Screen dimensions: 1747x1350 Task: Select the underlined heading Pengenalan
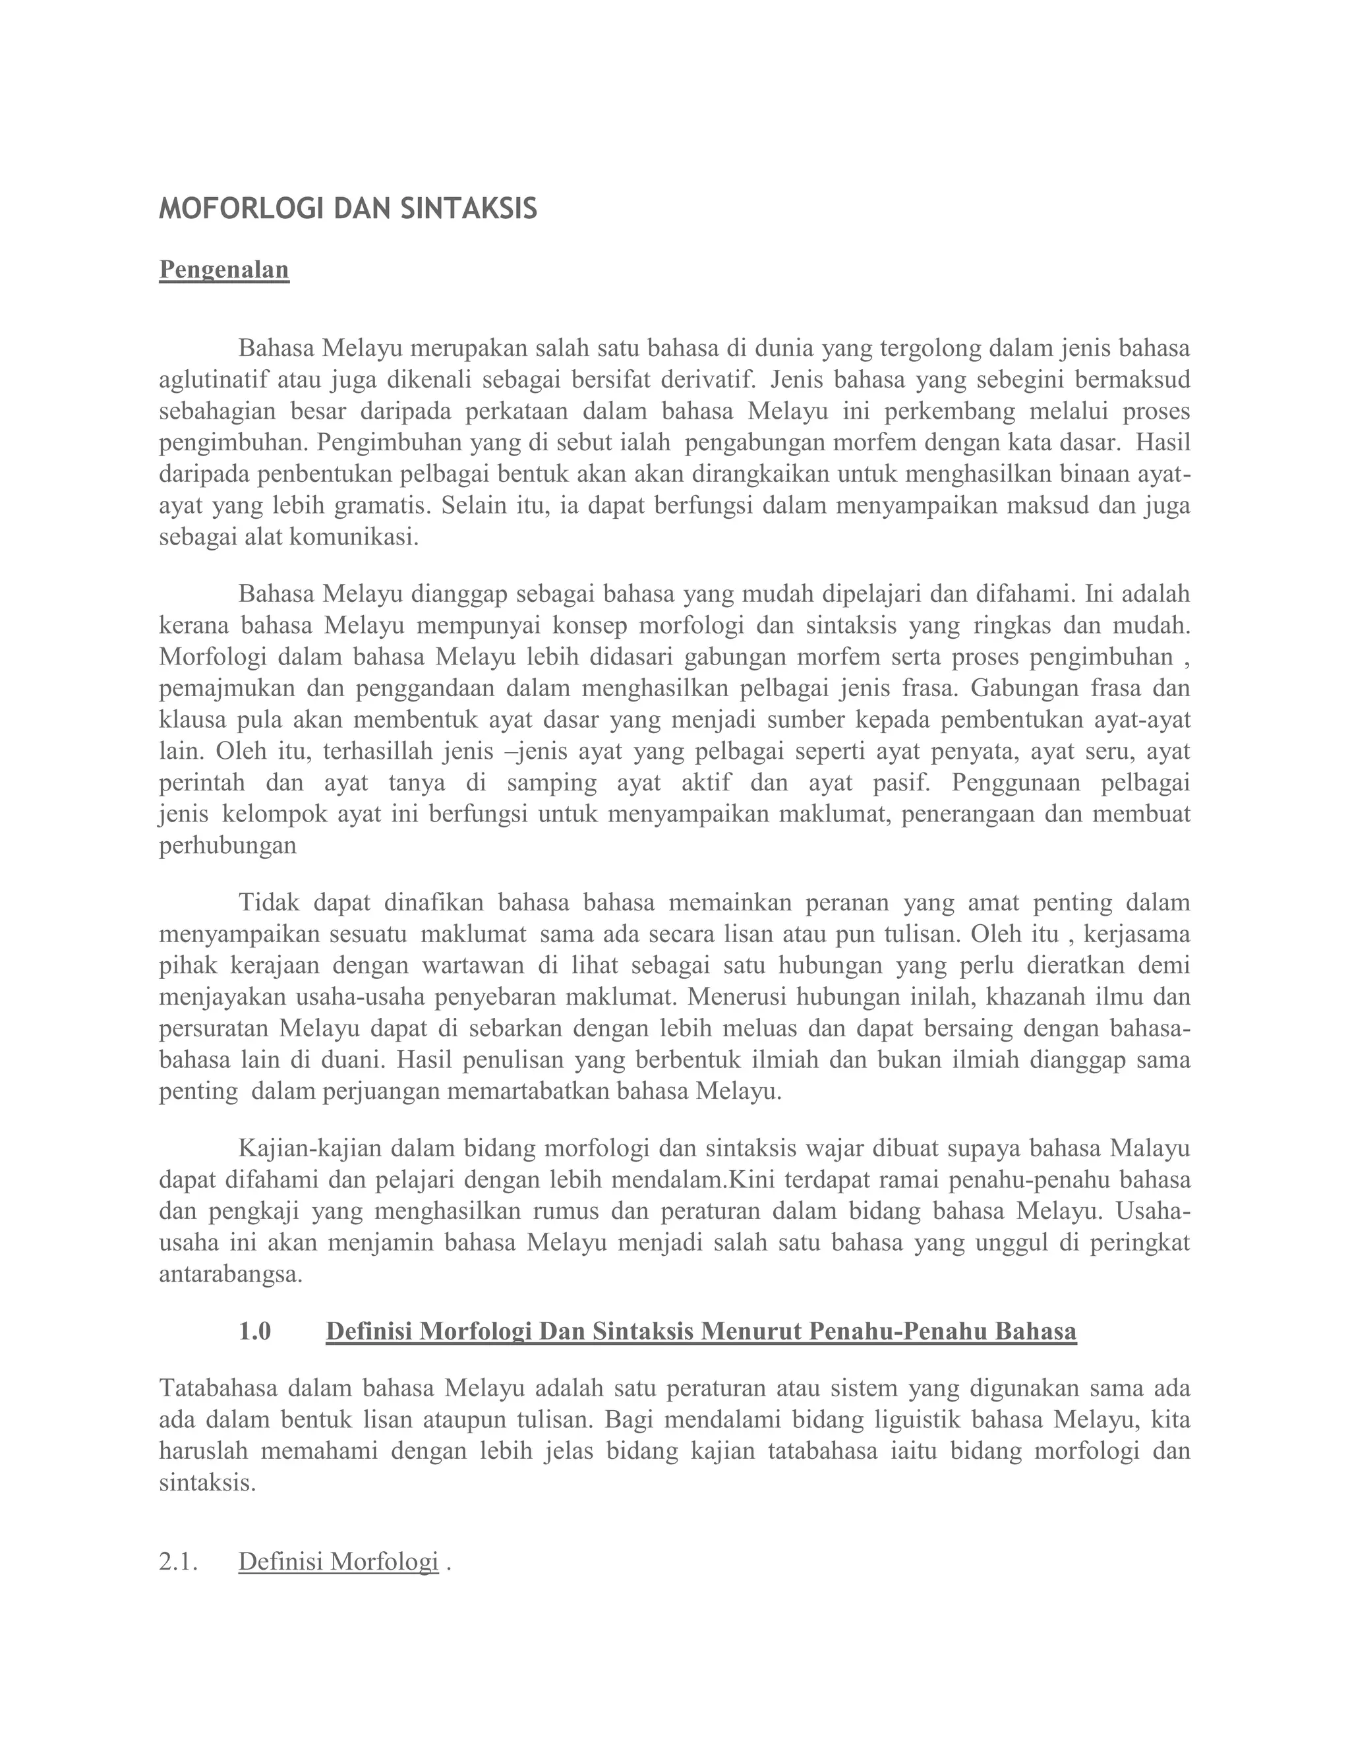click(224, 270)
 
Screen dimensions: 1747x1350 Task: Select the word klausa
click(192, 720)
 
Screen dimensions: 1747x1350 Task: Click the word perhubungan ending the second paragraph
click(228, 846)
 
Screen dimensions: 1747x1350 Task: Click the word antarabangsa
click(230, 1275)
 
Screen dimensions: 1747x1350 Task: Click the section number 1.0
click(254, 1332)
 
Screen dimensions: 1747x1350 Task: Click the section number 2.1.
click(177, 1561)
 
